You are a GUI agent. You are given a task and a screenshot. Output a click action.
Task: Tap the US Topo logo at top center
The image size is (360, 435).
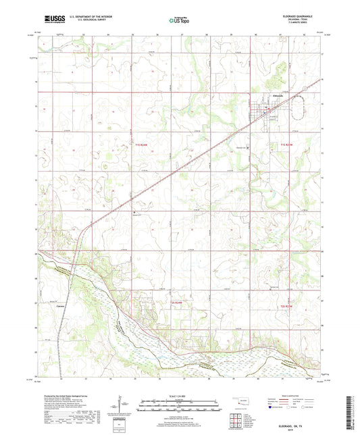click(179, 21)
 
